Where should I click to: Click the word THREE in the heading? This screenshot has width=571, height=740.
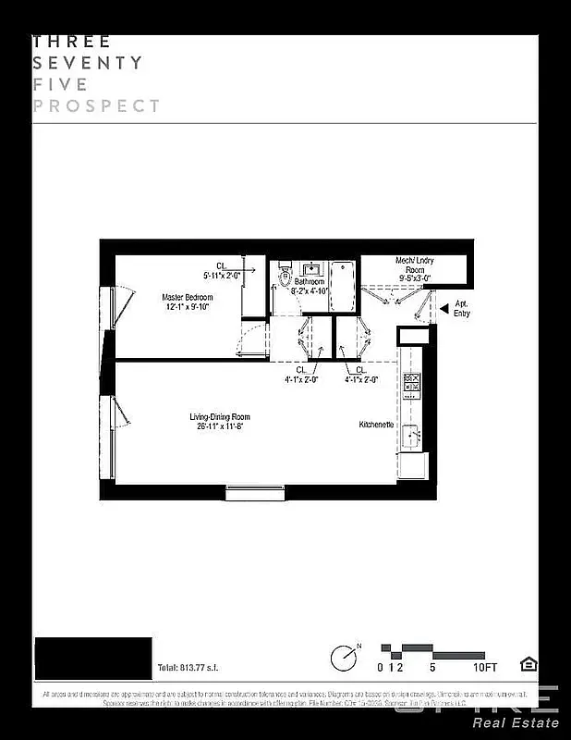coord(72,42)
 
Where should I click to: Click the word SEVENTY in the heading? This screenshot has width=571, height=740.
coord(88,63)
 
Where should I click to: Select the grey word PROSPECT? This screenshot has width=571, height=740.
coord(97,105)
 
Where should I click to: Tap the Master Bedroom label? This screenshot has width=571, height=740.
coord(187,297)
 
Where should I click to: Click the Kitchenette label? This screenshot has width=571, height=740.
coord(377,425)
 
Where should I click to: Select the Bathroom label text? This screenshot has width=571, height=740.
coord(310,281)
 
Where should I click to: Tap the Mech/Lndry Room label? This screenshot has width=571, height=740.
coord(415,265)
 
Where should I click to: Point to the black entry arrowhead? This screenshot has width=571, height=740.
coord(443,308)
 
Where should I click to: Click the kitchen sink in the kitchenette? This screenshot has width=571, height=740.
coord(410,433)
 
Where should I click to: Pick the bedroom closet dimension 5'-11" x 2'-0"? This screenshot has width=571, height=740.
coord(222,275)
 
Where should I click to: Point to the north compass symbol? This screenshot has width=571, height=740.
coord(344,657)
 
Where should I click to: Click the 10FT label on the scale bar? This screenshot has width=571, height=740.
coord(484,667)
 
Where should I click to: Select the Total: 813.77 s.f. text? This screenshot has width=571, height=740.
coord(188,667)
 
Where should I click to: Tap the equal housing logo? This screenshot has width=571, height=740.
coord(528,664)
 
